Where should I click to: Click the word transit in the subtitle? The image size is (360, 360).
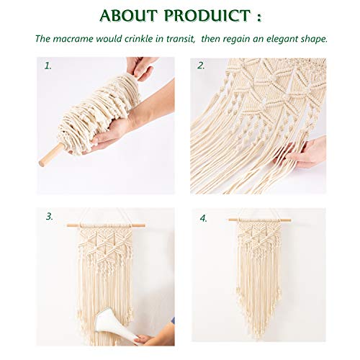coord(179,39)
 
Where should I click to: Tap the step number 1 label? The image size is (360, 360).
coord(48,66)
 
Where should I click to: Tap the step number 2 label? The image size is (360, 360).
coord(202,66)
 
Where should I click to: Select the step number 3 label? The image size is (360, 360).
coord(49,216)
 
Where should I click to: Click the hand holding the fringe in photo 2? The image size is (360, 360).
coord(305,152)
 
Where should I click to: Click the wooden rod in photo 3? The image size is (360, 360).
coord(105,225)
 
